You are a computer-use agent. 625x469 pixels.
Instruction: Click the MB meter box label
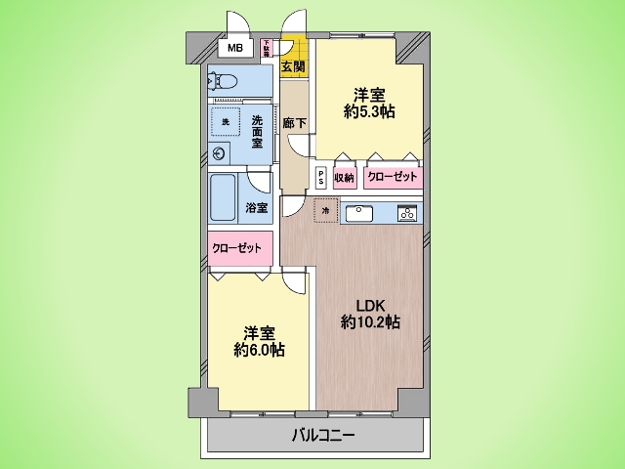click(234, 47)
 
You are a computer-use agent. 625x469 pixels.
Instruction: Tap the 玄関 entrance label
click(292, 66)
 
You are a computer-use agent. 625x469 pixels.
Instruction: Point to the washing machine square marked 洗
click(226, 121)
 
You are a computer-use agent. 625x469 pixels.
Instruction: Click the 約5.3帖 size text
click(369, 113)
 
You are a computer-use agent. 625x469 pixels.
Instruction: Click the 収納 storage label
click(345, 178)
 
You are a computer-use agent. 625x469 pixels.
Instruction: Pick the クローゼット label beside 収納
click(393, 178)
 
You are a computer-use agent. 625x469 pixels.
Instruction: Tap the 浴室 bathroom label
click(257, 208)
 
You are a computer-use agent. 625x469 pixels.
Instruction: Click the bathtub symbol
click(222, 199)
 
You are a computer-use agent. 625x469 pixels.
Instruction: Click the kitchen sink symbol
click(357, 211)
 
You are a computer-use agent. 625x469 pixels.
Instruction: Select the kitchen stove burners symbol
click(406, 211)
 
